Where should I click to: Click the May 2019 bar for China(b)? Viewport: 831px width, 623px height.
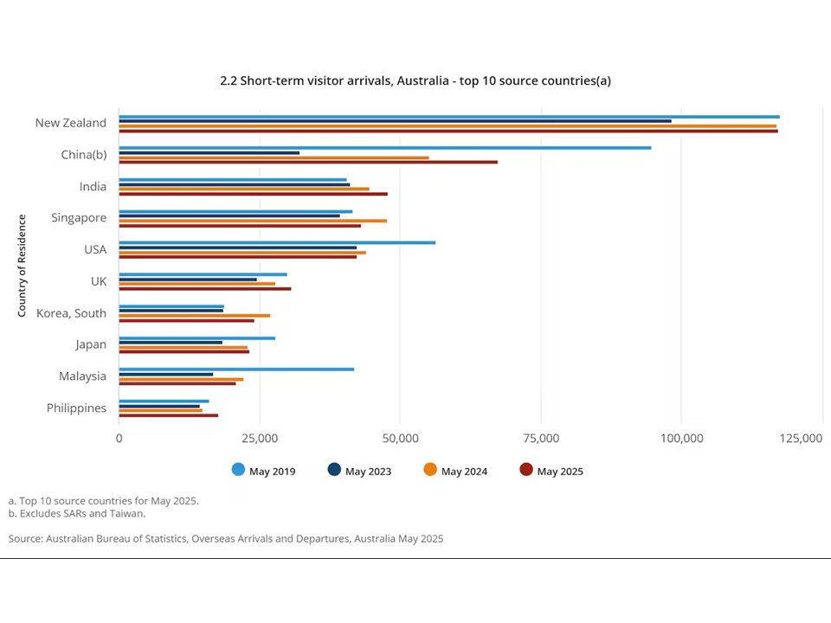[384, 148]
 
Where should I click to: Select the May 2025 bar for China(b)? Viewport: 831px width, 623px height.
[308, 162]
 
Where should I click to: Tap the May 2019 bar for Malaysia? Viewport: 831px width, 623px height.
[236, 369]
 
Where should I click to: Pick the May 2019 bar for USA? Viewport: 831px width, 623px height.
[277, 243]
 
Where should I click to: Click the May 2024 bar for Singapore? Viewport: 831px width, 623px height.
[253, 221]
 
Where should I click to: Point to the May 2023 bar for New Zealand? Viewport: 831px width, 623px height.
[395, 121]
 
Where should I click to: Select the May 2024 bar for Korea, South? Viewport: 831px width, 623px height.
[194, 316]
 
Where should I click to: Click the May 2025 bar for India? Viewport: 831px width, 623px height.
[253, 194]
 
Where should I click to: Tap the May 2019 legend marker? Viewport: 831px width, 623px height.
[238, 470]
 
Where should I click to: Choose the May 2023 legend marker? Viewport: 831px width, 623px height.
[334, 470]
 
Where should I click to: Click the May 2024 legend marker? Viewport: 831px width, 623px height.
[430, 470]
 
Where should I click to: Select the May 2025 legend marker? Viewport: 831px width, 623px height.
[526, 470]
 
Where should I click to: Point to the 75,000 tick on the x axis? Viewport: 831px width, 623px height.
[540, 439]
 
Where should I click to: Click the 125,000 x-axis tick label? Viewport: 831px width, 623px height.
[801, 439]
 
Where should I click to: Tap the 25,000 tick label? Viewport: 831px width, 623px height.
[259, 439]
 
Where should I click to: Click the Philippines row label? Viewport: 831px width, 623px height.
[76, 408]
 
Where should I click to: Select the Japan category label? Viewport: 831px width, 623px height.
[90, 344]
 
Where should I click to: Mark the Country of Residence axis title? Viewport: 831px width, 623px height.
[22, 265]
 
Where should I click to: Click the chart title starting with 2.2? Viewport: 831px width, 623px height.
[415, 80]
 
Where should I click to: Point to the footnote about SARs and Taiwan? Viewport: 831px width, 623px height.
[77, 513]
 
